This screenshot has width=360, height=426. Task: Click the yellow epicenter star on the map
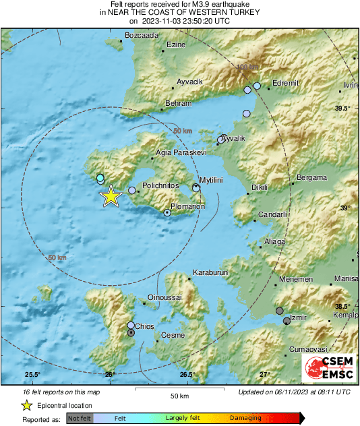[111, 196]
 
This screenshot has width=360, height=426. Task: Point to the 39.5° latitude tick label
[343, 108]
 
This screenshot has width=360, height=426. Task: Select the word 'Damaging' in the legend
[245, 418]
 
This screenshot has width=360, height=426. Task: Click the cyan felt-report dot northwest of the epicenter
[100, 178]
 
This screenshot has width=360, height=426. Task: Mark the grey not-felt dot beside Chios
[131, 332]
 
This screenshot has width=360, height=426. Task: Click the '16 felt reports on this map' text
[61, 392]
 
